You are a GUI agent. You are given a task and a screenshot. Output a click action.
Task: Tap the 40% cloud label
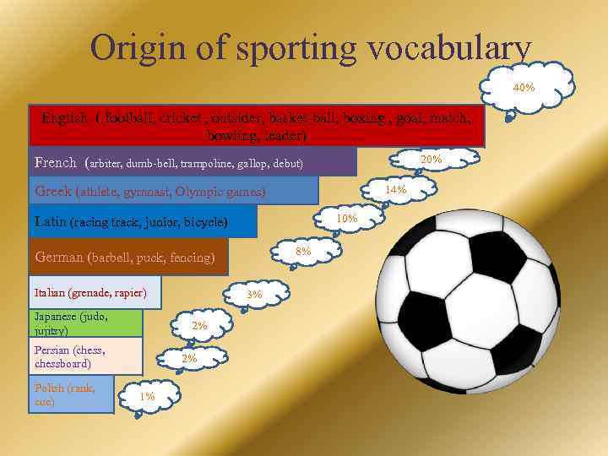coord(524,87)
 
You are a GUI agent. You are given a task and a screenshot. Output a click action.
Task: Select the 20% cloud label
coord(432,159)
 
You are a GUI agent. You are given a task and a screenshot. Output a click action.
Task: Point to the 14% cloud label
coord(395,189)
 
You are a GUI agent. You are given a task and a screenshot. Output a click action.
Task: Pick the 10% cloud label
coord(346,219)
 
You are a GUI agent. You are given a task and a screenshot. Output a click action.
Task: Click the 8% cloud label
coord(303,251)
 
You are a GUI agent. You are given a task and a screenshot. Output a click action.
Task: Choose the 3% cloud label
coord(254,294)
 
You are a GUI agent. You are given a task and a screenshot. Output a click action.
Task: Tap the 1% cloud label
coord(147,395)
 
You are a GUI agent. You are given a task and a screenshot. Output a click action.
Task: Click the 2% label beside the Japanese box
coord(199,325)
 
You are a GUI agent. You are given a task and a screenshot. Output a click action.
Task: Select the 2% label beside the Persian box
coord(189,358)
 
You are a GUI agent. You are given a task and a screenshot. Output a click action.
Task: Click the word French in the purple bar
coord(56,161)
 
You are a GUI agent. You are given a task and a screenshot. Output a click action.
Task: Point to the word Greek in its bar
coord(52,191)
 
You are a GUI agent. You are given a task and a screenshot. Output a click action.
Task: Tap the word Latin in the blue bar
coord(50,222)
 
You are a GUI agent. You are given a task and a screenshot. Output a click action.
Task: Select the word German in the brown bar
coord(59,257)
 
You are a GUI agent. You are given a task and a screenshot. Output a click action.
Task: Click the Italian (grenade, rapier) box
coord(95,293)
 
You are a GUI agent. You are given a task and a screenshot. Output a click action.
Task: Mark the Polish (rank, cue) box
coord(71,395)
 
